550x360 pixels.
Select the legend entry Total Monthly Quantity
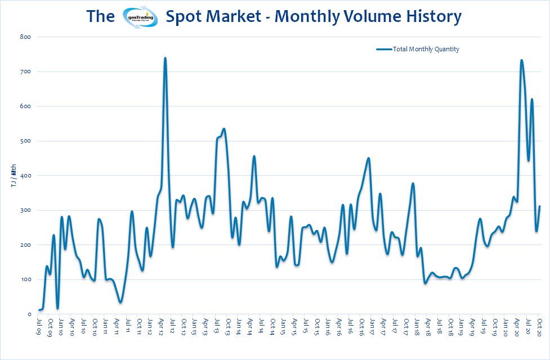[426, 49]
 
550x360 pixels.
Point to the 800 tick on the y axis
[25, 37]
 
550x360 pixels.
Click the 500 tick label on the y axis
[25, 141]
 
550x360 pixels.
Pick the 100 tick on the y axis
[25, 280]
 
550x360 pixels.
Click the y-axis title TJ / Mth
[14, 176]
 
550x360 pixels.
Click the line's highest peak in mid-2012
[165, 57]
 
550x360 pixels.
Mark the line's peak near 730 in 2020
[521, 60]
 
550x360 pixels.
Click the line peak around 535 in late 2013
[224, 129]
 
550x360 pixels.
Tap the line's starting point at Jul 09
[39, 310]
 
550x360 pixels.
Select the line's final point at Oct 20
[540, 206]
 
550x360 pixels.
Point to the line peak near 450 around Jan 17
[368, 158]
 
